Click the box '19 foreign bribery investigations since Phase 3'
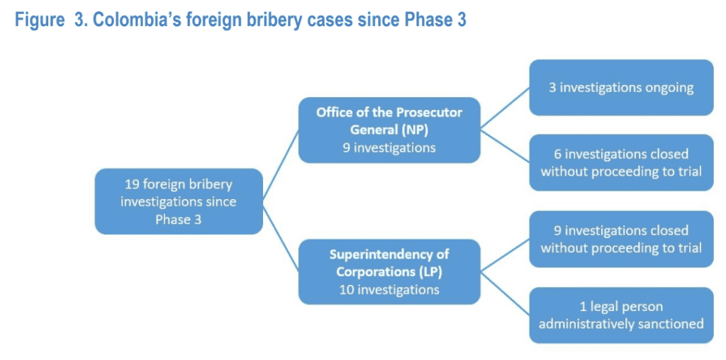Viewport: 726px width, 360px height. pyautogui.click(x=179, y=201)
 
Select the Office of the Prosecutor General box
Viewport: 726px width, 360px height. pyautogui.click(x=389, y=130)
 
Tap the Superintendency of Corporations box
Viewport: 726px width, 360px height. pyautogui.click(x=389, y=271)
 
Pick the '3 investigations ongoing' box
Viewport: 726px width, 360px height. pyautogui.click(x=621, y=88)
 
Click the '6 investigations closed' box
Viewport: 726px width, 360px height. pyautogui.click(x=621, y=162)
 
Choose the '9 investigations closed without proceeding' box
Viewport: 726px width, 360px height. pyautogui.click(x=621, y=239)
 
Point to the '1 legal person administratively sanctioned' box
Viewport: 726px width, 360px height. pyautogui.click(x=621, y=315)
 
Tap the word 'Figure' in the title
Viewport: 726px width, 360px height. pyautogui.click(x=39, y=19)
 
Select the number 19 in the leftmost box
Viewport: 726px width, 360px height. pyautogui.click(x=132, y=184)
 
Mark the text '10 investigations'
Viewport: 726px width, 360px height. pyautogui.click(x=389, y=289)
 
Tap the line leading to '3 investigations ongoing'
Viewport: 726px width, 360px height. pyautogui.click(x=505, y=108)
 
